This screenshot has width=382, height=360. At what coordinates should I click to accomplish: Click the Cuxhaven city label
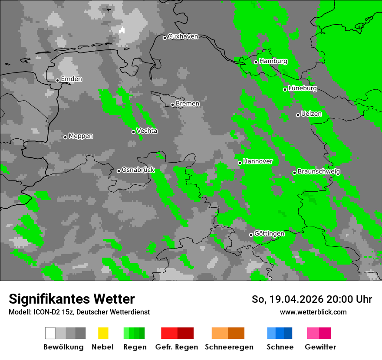pos(183,36)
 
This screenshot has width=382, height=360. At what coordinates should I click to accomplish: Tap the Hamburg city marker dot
pos(256,62)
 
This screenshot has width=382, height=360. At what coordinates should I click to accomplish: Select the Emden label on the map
pos(71,79)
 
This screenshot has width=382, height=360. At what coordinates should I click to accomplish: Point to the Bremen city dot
pos(172,105)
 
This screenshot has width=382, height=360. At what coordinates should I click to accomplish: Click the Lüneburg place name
pos(303,88)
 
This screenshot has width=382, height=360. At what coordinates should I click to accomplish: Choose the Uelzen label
pos(311,114)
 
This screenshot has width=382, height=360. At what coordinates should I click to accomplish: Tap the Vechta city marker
pos(133,132)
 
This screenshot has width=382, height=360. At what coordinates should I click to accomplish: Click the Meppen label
pos(81,136)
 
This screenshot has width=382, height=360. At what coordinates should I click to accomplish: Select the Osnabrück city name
pos(138,170)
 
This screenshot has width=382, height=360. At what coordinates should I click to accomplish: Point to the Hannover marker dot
pos(240,163)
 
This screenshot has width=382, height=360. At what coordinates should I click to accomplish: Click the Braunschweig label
pos(319,172)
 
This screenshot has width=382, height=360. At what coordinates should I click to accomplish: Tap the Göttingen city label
pos(269,234)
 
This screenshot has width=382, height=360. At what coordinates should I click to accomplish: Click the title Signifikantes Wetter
pos(72,299)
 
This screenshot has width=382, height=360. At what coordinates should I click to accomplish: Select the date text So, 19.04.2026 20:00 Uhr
pos(312,299)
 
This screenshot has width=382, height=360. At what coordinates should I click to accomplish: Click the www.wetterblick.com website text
pos(313,312)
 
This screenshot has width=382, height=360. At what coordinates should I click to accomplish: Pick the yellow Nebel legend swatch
pos(103,333)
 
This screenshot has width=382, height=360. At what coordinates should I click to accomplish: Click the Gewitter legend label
pos(320,347)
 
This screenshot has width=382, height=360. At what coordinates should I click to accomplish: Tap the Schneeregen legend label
pos(229,347)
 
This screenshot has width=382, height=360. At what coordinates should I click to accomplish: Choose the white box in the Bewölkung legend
pos(50,333)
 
